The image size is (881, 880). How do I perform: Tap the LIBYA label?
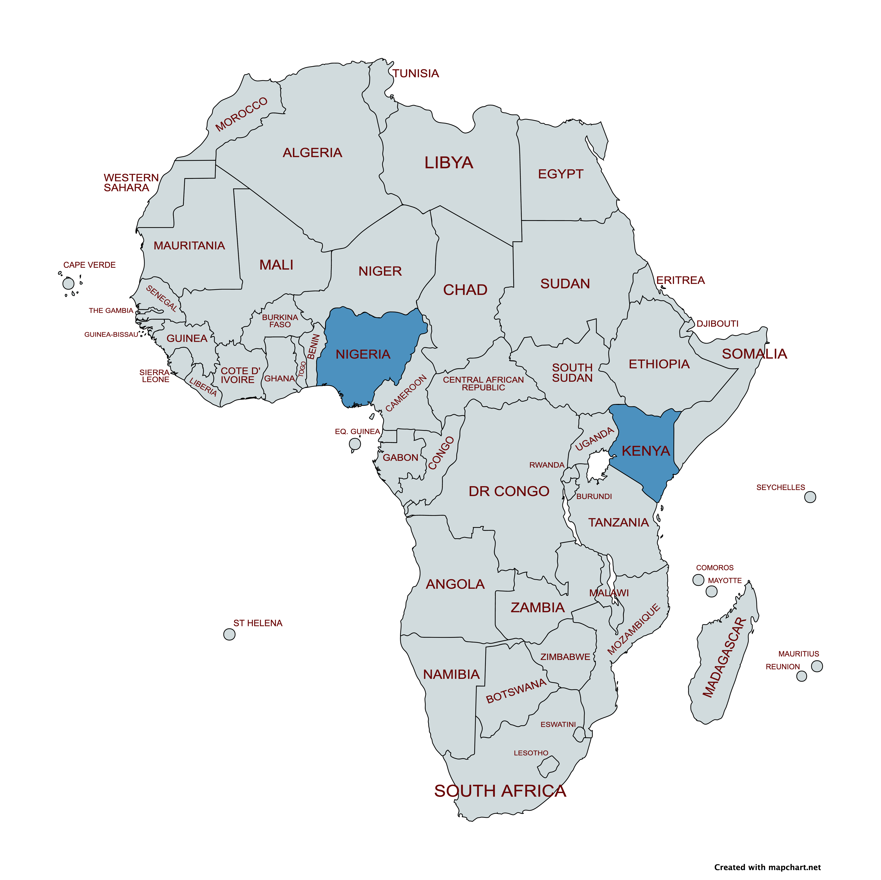click(x=449, y=163)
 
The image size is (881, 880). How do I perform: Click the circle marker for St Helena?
click(x=229, y=634)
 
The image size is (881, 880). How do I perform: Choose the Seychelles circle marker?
click(x=810, y=497)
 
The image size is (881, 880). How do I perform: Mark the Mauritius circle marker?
click(x=817, y=666)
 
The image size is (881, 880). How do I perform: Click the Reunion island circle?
click(x=801, y=676)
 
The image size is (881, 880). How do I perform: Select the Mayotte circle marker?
click(x=711, y=591)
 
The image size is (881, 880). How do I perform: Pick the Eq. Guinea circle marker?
click(x=355, y=444)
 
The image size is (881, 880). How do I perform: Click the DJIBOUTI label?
click(x=717, y=324)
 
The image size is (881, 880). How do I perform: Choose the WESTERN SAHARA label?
click(x=131, y=182)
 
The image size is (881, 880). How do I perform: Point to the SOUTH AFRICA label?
click(x=500, y=791)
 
